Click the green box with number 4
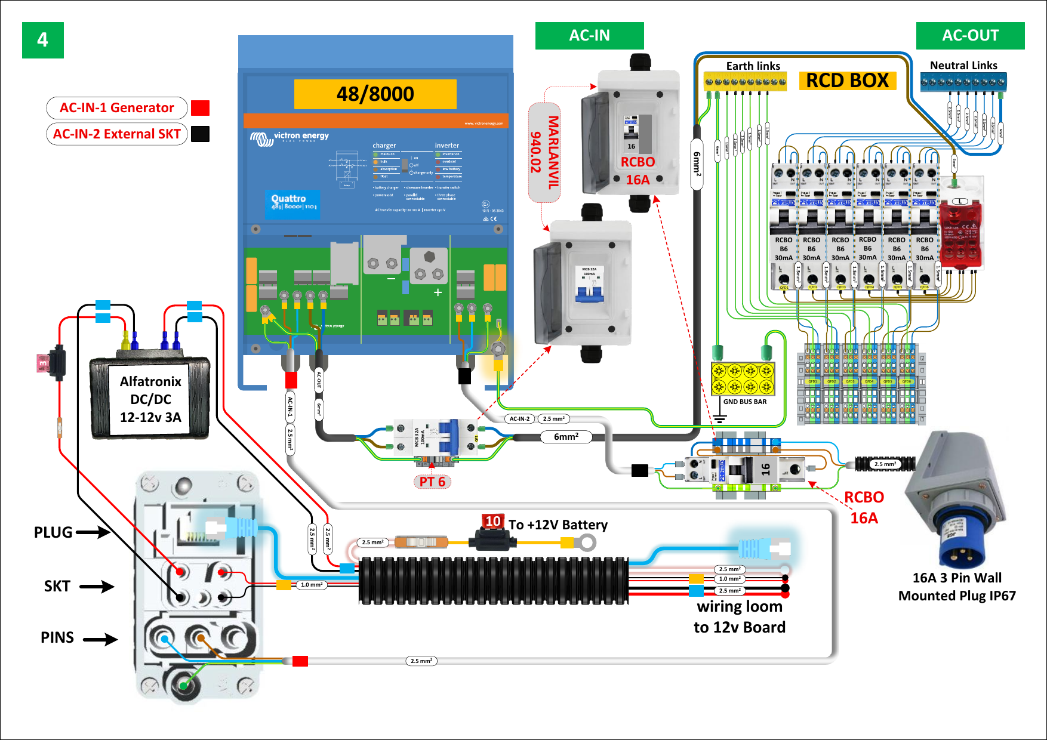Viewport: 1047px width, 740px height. coord(42,40)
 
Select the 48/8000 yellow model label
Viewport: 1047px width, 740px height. coord(375,94)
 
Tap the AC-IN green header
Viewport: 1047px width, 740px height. coord(589,36)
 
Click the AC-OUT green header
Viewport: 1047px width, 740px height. coord(969,36)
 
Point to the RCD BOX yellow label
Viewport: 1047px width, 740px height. coord(847,81)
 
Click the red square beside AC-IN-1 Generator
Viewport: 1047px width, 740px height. coord(200,108)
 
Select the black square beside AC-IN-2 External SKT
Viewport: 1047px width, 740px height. coord(200,134)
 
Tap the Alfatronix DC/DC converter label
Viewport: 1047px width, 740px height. coord(150,399)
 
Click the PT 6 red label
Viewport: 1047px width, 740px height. coord(432,482)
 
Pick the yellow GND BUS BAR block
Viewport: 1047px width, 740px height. coord(743,379)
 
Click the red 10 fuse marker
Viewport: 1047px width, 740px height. coord(492,522)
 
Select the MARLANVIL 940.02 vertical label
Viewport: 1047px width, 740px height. coord(544,152)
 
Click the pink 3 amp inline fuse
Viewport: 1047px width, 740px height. coord(44,362)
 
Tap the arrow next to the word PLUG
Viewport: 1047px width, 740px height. coord(93,532)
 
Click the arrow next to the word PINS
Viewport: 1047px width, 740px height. coord(100,640)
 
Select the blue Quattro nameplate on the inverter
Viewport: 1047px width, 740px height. coord(292,203)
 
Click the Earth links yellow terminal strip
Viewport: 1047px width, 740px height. coord(745,82)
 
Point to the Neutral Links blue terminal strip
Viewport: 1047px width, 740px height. coord(963,82)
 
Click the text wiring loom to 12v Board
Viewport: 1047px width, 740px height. coord(739,616)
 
